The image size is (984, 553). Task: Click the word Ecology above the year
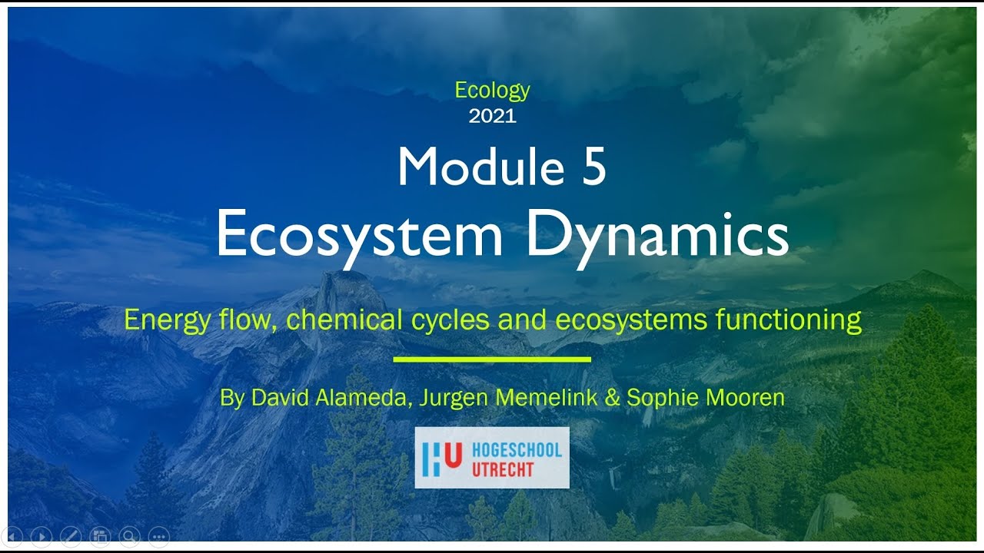(x=492, y=91)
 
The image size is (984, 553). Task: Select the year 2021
(x=492, y=117)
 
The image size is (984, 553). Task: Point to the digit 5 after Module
(x=593, y=167)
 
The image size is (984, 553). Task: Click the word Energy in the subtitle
(x=167, y=320)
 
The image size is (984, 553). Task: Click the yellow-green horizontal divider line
(x=492, y=359)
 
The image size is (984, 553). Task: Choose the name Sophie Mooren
(x=705, y=398)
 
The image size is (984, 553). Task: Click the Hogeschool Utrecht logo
(x=492, y=458)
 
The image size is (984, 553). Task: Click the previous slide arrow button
(x=13, y=535)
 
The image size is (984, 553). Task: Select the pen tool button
(x=70, y=535)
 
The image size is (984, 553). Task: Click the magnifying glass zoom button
(x=129, y=535)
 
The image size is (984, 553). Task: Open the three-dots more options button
(x=158, y=535)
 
